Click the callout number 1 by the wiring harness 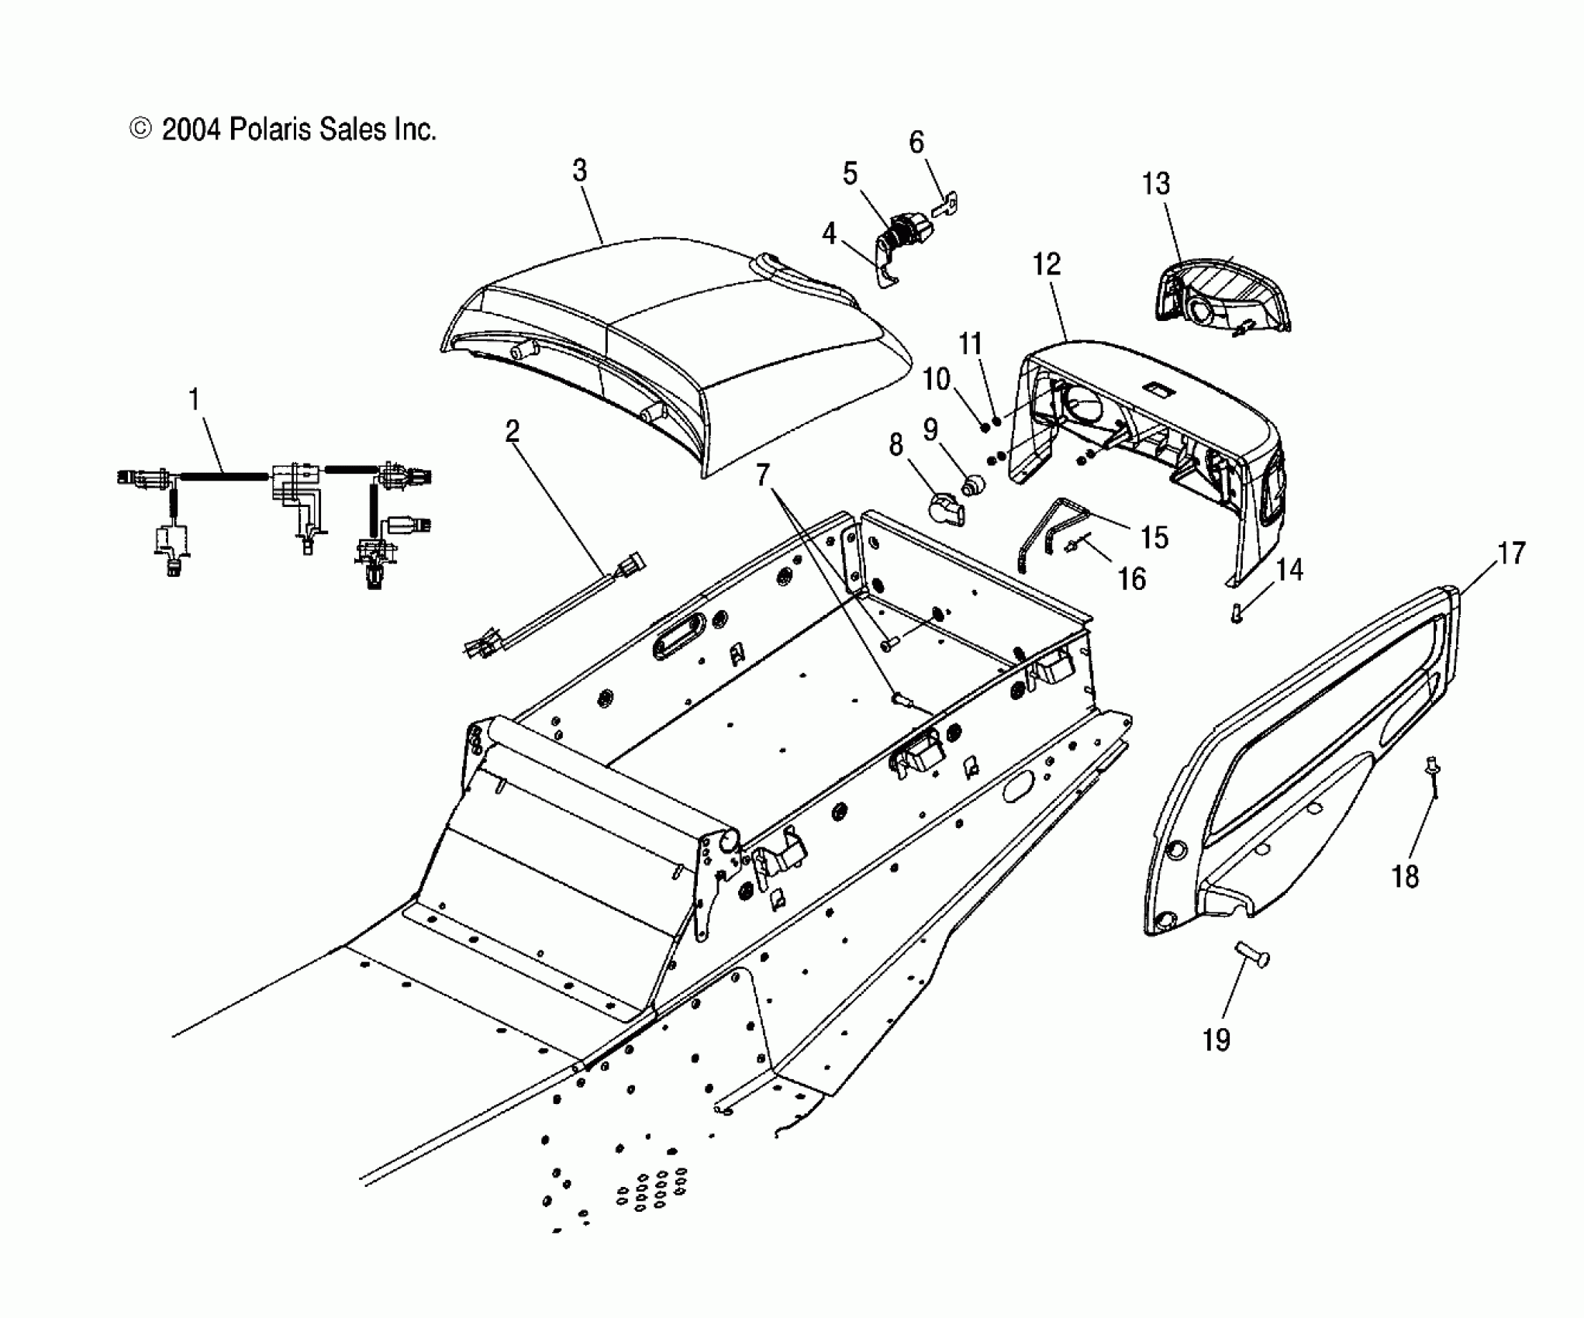(194, 400)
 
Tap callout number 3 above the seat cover (580, 171)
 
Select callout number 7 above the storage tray (763, 474)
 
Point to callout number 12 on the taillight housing (1047, 264)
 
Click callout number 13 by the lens (1155, 184)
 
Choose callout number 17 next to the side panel (1511, 554)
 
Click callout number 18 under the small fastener (1406, 876)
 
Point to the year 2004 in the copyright (192, 129)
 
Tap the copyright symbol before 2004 (140, 129)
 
